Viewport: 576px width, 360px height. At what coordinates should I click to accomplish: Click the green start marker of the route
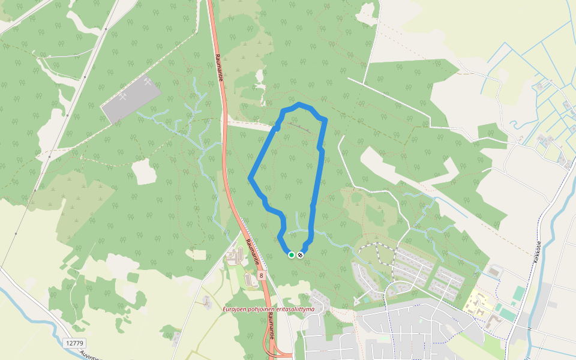292,255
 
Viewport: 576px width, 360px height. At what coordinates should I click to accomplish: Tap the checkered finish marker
300,255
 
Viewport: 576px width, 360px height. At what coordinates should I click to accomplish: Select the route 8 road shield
262,275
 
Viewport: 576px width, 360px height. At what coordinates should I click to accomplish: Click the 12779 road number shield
74,343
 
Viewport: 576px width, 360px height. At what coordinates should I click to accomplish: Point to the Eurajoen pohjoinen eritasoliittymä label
268,309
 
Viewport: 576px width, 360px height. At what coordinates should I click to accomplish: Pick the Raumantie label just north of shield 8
253,252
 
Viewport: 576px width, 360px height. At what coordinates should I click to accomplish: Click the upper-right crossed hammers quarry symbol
148,82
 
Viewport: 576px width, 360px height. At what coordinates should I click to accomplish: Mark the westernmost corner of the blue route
250,178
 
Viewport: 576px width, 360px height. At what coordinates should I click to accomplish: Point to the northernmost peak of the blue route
299,106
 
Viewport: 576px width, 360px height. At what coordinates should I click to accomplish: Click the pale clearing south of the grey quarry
143,172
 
